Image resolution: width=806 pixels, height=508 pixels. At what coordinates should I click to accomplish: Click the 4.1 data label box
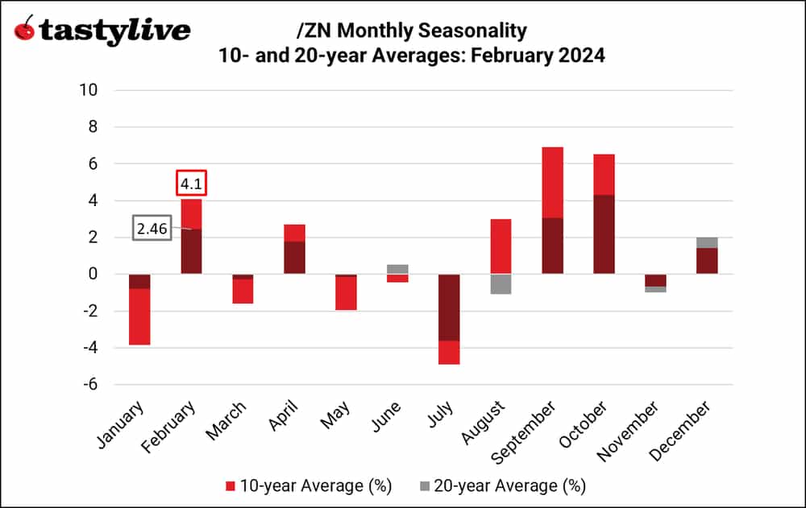coord(192,184)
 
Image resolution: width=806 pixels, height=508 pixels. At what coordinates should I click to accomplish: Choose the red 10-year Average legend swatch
coord(231,485)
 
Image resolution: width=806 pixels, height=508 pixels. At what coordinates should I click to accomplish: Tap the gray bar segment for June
coord(397,269)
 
